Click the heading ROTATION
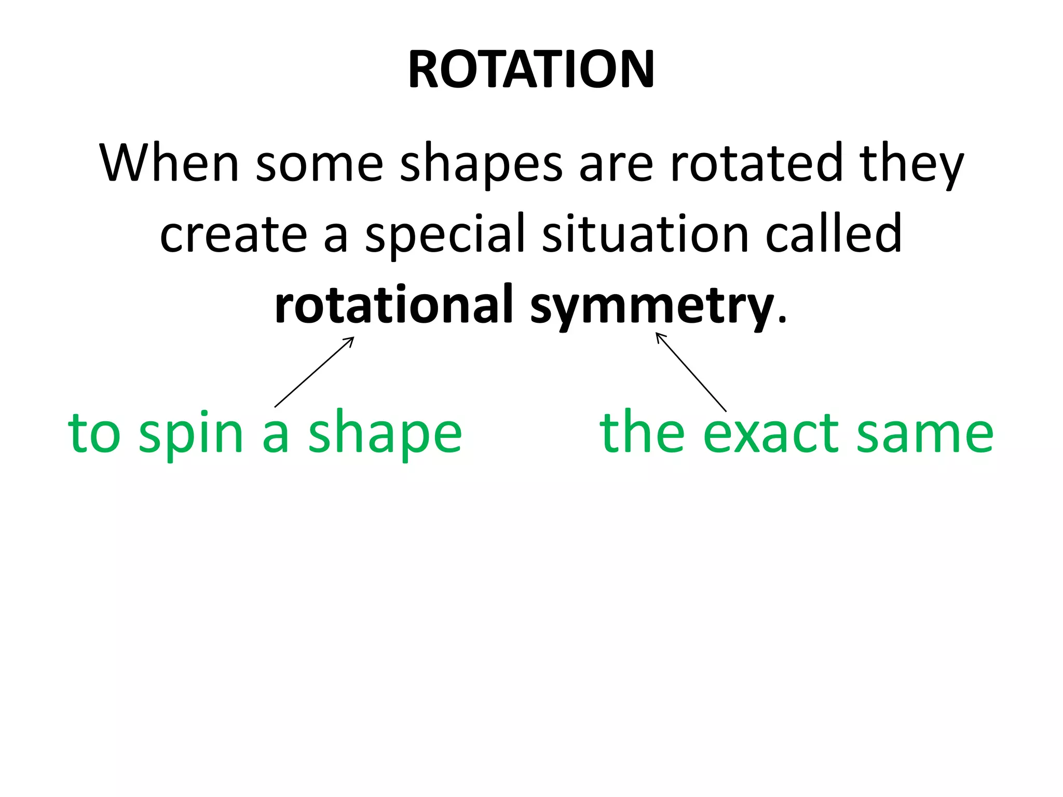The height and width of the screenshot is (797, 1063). (x=531, y=70)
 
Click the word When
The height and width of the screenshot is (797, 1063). (x=169, y=163)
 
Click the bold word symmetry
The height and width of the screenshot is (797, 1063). (x=652, y=307)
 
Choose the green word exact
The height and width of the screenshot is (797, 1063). (x=769, y=433)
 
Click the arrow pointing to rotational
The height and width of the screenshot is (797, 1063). (x=315, y=372)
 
